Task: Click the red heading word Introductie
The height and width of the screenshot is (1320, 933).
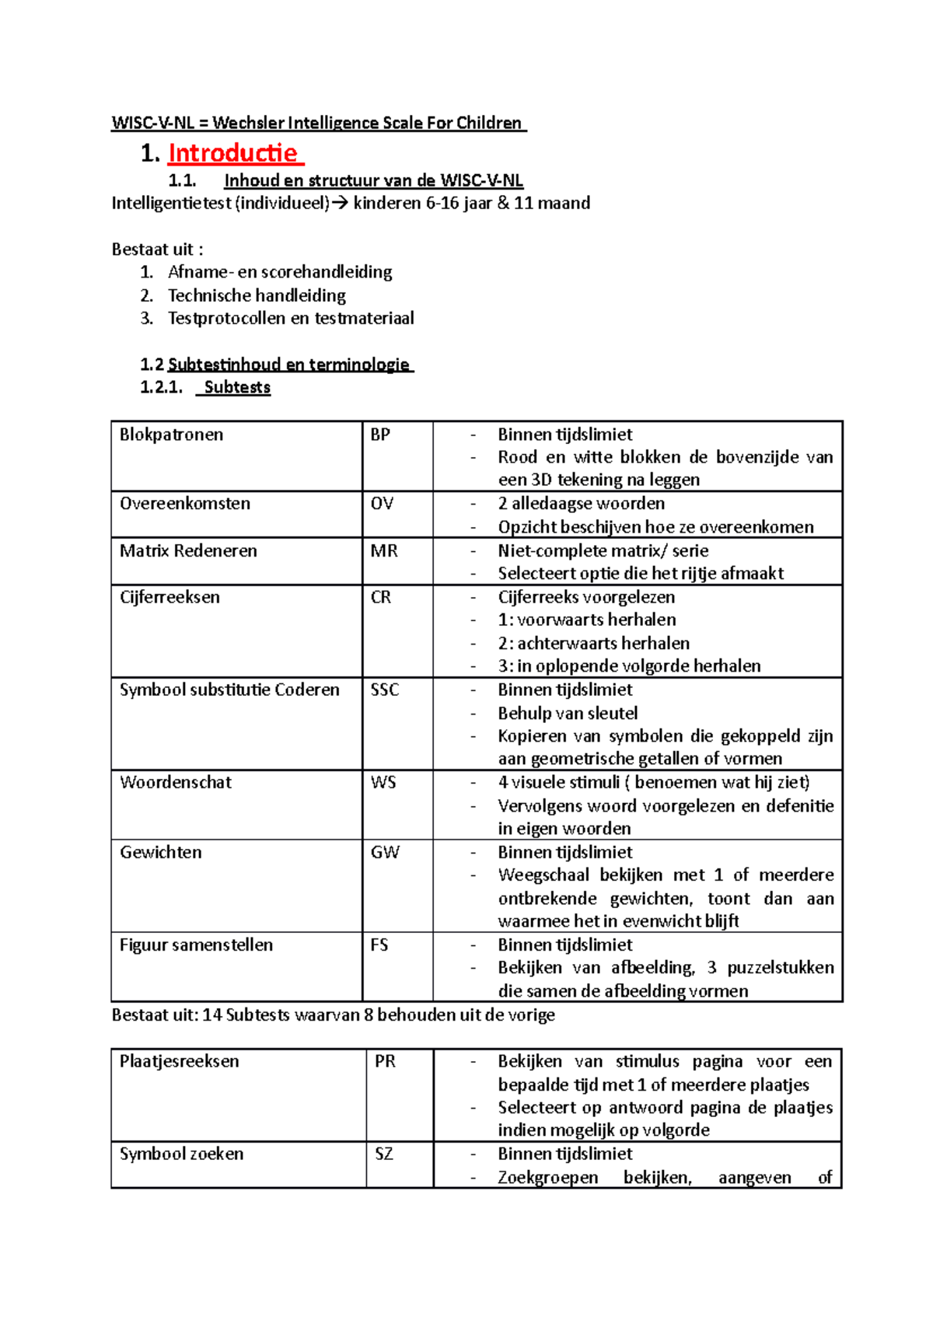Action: point(232,153)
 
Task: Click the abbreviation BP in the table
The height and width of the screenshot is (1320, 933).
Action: point(380,435)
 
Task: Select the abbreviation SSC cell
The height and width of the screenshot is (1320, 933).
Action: point(384,690)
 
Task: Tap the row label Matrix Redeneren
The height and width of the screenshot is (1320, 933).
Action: point(188,550)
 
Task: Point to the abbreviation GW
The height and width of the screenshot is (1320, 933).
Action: point(384,852)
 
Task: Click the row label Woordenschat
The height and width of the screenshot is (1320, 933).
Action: point(176,782)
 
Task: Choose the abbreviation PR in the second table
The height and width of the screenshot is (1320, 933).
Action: point(385,1061)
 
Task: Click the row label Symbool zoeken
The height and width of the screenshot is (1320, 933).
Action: point(181,1154)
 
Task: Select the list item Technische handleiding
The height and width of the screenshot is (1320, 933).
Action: point(257,295)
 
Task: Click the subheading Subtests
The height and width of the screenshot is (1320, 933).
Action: point(237,387)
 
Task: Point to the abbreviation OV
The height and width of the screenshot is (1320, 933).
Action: point(382,504)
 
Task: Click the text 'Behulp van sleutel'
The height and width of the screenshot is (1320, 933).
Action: point(568,713)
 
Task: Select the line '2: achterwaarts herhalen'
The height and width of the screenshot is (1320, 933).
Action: point(593,643)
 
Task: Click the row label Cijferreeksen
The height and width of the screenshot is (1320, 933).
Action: point(169,597)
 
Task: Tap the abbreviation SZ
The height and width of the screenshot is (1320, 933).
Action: point(383,1154)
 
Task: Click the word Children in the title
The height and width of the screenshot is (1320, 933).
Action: point(488,123)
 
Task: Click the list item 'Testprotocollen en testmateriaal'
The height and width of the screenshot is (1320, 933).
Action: point(291,318)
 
